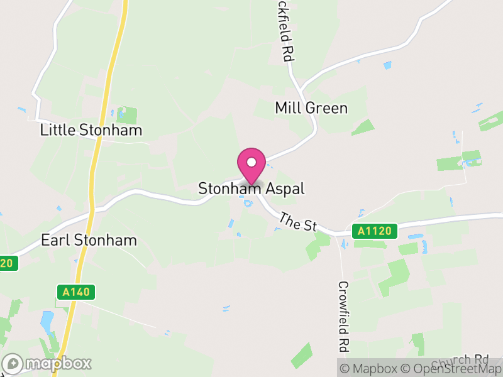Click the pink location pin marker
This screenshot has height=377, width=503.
click(251, 165)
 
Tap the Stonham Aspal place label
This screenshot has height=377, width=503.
click(251, 188)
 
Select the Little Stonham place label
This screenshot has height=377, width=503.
click(91, 130)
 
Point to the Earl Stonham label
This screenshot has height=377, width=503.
click(89, 240)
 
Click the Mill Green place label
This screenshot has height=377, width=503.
click(311, 108)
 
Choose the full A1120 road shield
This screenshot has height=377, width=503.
click(375, 231)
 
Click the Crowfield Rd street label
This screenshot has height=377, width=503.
click(343, 316)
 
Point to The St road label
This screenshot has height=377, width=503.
click(297, 222)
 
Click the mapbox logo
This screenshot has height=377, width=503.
click(48, 363)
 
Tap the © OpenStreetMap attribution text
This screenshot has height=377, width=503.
click(450, 368)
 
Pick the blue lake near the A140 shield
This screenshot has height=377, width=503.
click(47, 322)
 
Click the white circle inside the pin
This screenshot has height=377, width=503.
click(251, 162)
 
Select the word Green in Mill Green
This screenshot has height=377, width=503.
click(327, 108)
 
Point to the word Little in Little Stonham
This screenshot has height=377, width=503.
click(57, 130)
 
